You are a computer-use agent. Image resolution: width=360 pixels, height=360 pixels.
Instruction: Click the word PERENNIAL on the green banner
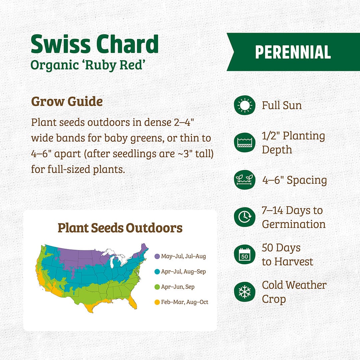[293, 52]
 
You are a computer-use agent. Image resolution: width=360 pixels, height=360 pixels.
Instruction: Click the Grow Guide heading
[67, 101]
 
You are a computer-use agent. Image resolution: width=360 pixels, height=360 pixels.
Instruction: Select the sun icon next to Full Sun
[245, 105]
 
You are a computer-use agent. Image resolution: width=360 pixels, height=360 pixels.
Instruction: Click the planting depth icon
[245, 143]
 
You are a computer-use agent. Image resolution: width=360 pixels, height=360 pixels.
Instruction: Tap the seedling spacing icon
[245, 180]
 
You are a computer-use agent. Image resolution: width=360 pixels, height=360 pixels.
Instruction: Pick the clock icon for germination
[245, 217]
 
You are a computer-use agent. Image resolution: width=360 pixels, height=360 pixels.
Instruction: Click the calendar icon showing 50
[245, 255]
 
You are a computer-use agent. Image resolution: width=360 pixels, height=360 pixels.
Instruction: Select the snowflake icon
[245, 292]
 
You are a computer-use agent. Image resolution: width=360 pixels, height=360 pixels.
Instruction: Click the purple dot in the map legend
[157, 256]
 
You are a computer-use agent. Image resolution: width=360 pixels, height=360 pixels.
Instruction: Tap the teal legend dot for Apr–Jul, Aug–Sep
[157, 272]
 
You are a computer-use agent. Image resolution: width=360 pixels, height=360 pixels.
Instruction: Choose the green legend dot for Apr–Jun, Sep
[157, 287]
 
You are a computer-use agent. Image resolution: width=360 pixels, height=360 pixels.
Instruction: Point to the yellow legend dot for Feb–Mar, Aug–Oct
[157, 302]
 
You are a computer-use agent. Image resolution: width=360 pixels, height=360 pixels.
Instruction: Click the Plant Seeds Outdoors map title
[120, 228]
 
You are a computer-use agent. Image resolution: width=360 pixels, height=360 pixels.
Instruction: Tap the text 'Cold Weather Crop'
[294, 292]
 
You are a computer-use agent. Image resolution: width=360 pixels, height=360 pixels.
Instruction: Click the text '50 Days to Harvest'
[287, 255]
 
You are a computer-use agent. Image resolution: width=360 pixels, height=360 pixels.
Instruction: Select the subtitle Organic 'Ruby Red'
[89, 65]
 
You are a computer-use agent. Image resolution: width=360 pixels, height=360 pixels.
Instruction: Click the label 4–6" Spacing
[294, 180]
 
